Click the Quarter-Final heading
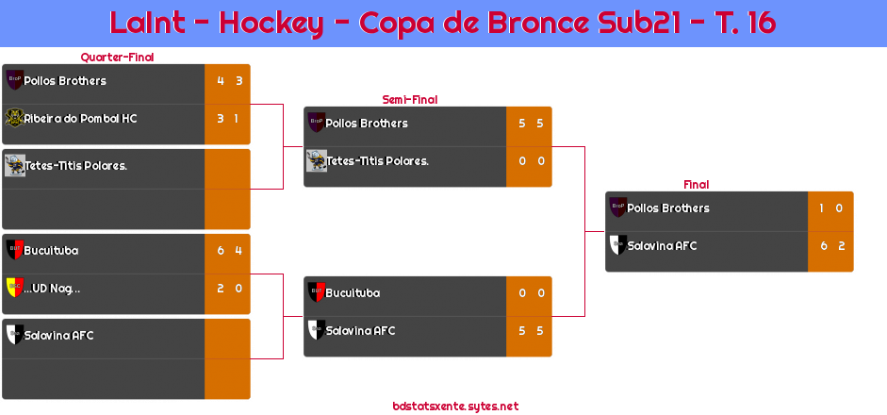coord(116,58)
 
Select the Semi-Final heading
coord(408,99)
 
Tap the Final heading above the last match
coord(695,185)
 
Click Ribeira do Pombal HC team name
coord(80,119)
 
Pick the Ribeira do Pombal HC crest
coord(14,119)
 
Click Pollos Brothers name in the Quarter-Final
coord(65,81)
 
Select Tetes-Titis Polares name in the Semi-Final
coord(377,161)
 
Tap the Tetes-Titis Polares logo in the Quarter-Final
coord(14,165)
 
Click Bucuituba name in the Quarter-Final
coord(51,251)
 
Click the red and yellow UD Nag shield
coord(14,288)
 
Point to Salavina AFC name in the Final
coord(662,246)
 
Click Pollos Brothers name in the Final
coord(668,208)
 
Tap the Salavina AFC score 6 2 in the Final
coord(830,246)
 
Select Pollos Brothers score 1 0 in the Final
coord(830,208)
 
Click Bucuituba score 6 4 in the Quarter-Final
coord(229,251)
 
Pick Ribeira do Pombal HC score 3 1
coord(227,119)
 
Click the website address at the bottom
coord(455,407)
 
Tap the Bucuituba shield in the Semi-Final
coord(317,292)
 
